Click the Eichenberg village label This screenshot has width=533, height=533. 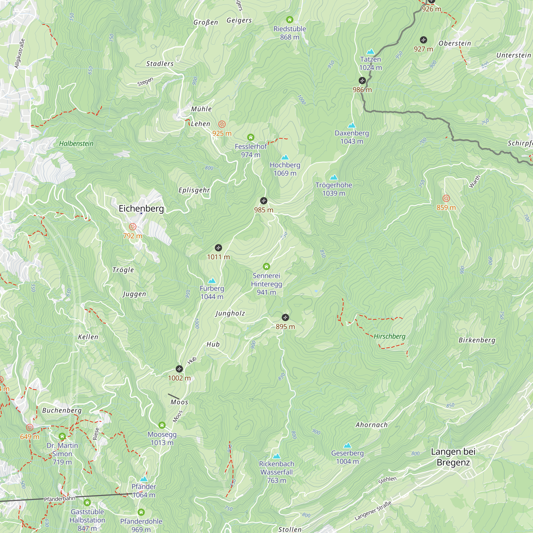(x=141, y=209)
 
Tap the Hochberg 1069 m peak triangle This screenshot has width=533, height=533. (x=285, y=157)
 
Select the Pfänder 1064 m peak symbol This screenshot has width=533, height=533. (x=144, y=479)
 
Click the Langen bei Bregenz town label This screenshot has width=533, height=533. (x=453, y=457)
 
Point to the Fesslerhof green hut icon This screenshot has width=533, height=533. (x=251, y=137)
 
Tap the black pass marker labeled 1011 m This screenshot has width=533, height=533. (x=218, y=248)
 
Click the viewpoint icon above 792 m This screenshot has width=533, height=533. (x=133, y=227)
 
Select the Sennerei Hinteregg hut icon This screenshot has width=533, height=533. (x=266, y=266)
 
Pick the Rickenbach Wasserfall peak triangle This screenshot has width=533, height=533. (x=276, y=456)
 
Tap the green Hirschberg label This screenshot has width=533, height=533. (x=390, y=336)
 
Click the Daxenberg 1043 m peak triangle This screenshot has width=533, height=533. (x=352, y=125)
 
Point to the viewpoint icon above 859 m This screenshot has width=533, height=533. (x=446, y=198)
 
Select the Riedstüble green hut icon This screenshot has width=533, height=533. (x=289, y=19)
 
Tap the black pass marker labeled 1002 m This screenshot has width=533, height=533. (x=179, y=369)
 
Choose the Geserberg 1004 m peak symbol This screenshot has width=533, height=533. (x=347, y=445)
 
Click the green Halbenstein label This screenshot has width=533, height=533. (x=76, y=143)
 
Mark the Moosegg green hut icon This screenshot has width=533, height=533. (x=162, y=425)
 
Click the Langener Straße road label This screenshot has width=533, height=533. (x=373, y=511)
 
